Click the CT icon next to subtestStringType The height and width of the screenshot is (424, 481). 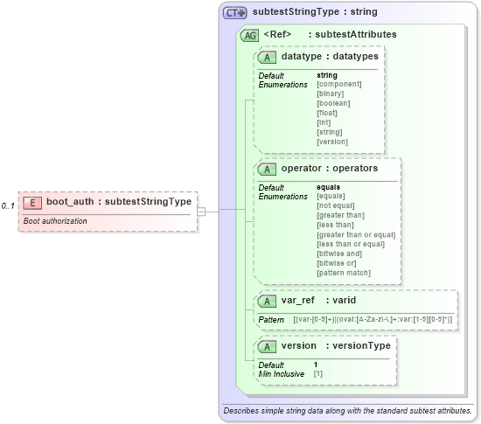coord(235,13)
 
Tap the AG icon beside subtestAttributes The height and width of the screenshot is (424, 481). coord(249,34)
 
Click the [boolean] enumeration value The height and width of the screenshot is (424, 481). coord(333,103)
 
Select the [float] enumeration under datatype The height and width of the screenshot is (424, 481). coord(329,113)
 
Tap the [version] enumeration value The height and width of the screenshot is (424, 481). coord(332,142)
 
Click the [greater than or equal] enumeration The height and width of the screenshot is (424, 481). coord(356,234)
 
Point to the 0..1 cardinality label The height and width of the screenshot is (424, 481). coord(8,206)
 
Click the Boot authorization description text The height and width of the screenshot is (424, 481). coord(55,221)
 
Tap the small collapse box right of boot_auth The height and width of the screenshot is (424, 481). coord(201,211)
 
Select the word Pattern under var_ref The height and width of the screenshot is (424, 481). coord(271,320)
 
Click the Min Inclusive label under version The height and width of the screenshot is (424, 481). coord(282,373)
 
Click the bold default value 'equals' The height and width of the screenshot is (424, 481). coord(328,187)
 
